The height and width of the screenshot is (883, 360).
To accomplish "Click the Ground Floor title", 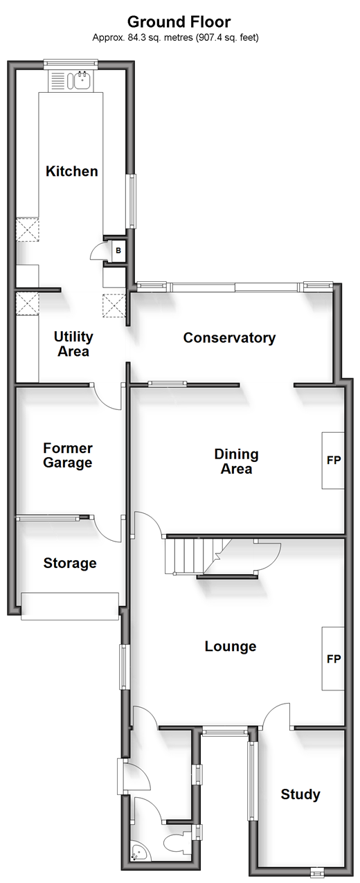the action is click(x=179, y=22).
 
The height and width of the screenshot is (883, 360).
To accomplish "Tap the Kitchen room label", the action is click(x=72, y=171).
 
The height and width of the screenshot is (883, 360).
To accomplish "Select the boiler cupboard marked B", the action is click(x=118, y=250).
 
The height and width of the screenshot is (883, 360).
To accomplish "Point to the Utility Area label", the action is click(x=73, y=344).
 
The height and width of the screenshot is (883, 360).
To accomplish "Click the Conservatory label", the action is click(x=229, y=337).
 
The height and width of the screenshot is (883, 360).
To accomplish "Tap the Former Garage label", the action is click(x=68, y=455).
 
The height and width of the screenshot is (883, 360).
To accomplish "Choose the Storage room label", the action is click(x=70, y=562).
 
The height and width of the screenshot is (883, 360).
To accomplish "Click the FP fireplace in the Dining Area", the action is click(x=333, y=461).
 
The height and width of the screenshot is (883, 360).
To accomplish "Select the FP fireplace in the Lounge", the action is click(x=333, y=659).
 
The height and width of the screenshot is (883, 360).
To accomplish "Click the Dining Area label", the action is click(x=236, y=461).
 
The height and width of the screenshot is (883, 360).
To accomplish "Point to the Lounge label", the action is click(x=231, y=646).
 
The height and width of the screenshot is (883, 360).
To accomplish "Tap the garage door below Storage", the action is click(x=70, y=606).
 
